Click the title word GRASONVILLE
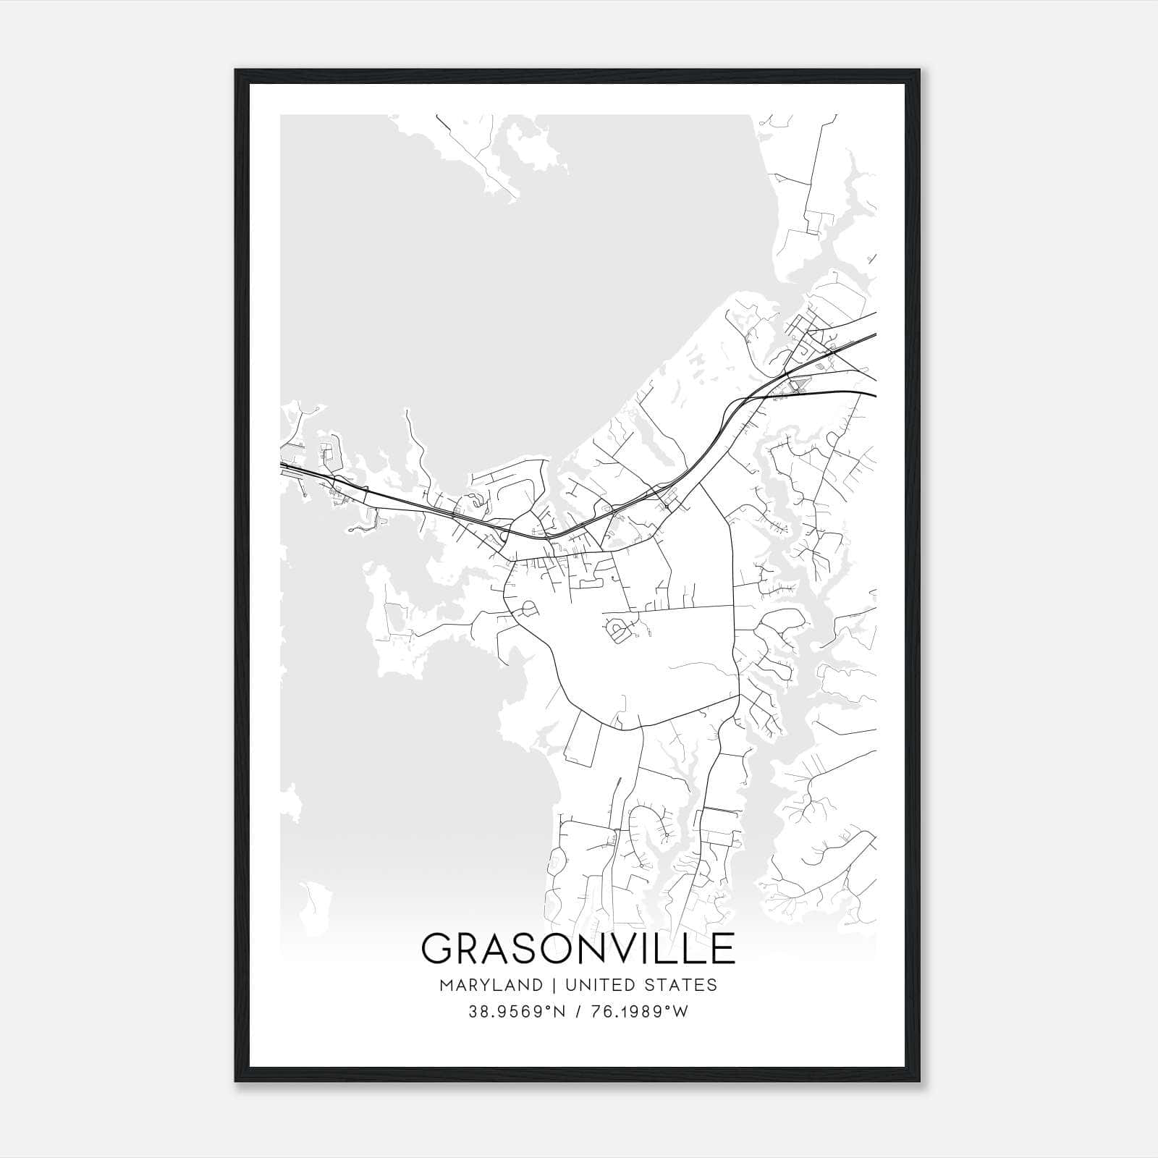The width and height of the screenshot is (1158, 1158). (x=578, y=948)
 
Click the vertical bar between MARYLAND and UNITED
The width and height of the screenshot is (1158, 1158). (x=554, y=985)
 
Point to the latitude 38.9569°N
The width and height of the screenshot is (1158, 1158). (x=513, y=1012)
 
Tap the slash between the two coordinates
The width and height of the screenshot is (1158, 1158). (x=578, y=1012)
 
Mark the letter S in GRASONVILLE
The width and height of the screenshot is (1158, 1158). (x=529, y=948)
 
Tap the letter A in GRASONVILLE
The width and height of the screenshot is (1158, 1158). (x=497, y=948)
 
